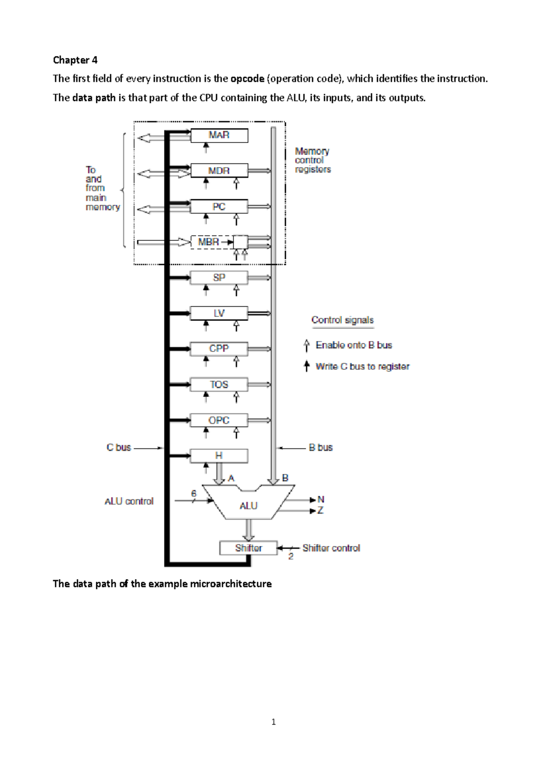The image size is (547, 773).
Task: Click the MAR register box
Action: coord(219,135)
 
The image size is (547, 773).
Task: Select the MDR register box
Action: coord(219,171)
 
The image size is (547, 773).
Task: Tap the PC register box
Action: coord(219,207)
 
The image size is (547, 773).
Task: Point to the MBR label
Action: coord(209,242)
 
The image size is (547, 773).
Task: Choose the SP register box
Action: coord(219,278)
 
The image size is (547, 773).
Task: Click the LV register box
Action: coord(219,313)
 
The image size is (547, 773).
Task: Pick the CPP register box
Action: coord(219,349)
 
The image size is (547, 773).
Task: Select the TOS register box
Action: coord(219,385)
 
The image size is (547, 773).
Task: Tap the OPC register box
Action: coord(219,420)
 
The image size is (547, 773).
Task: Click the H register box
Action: coord(219,456)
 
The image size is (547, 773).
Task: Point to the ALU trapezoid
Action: coord(248,505)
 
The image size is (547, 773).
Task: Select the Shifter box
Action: coord(248,548)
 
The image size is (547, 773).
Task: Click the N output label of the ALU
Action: coord(321,499)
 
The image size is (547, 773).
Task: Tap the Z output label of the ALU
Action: coord(320,511)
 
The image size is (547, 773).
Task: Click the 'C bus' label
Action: coord(119,448)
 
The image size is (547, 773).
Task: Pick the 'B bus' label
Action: coord(320,448)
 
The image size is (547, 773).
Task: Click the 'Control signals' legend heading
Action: coord(342,320)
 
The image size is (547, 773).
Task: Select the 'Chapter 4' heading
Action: coord(75,60)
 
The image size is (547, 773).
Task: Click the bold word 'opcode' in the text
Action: coord(247,79)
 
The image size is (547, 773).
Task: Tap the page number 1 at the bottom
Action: coord(273,722)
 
